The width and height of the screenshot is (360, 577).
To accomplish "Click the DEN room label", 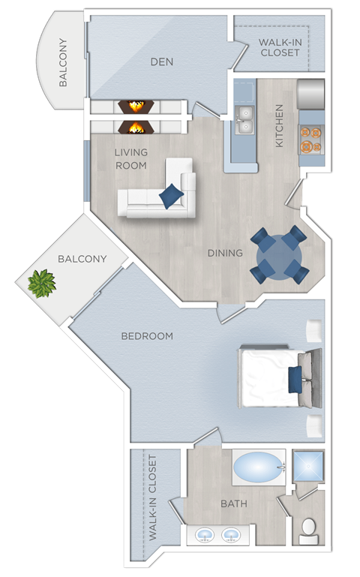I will [162, 62].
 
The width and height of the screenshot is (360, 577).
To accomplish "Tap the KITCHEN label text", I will [280, 125].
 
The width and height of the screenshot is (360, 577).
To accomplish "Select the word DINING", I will [225, 253].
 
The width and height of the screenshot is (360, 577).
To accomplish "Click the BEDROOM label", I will [147, 336].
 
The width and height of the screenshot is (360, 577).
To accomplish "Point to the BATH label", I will [233, 504].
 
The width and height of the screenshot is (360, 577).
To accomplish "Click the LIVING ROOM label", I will [131, 158].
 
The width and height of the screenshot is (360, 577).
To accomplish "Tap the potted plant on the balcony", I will [41, 284].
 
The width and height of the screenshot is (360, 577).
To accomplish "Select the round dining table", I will [279, 255].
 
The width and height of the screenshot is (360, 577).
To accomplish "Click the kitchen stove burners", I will [311, 137].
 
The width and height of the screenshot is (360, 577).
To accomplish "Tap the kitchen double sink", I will [244, 120].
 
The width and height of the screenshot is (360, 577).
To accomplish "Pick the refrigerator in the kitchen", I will [310, 95].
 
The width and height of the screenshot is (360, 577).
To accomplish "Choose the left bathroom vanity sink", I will [204, 535].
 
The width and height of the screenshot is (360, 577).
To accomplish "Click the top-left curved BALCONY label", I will [64, 62].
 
